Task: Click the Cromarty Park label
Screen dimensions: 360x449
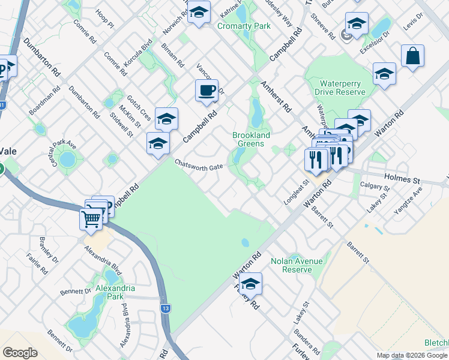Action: pos(244,26)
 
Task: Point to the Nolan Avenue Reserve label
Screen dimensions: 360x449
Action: pos(297,265)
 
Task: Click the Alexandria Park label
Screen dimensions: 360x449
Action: pos(115,292)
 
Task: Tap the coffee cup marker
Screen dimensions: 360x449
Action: pos(206,91)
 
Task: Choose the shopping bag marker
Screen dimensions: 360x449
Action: pos(412,56)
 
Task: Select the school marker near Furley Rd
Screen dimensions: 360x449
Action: pos(251,284)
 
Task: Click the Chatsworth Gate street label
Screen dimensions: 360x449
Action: pos(199,165)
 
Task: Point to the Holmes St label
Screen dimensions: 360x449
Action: pos(402,179)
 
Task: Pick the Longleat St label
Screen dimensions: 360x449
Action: pos(295,191)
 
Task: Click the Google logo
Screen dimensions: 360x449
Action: pos(20,353)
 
